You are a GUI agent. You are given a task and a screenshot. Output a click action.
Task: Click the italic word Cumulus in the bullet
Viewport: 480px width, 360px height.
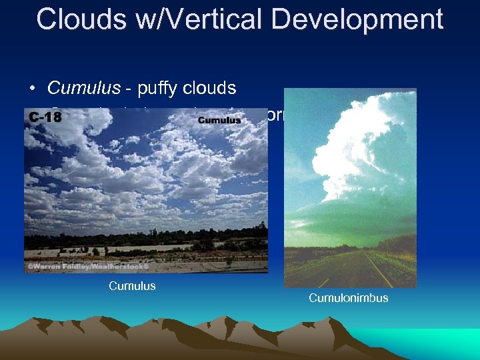point(85,88)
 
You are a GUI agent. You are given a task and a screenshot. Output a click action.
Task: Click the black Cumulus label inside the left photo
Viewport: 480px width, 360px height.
point(219,120)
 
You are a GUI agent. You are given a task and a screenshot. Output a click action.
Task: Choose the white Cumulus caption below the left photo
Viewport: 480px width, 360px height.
point(132,286)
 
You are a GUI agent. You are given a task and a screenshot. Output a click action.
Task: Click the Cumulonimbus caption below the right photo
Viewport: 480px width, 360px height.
point(348,298)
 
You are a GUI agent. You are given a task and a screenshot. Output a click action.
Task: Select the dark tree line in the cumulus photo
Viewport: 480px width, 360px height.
point(133,237)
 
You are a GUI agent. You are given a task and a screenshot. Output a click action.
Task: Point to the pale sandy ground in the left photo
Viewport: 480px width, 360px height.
point(133,253)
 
